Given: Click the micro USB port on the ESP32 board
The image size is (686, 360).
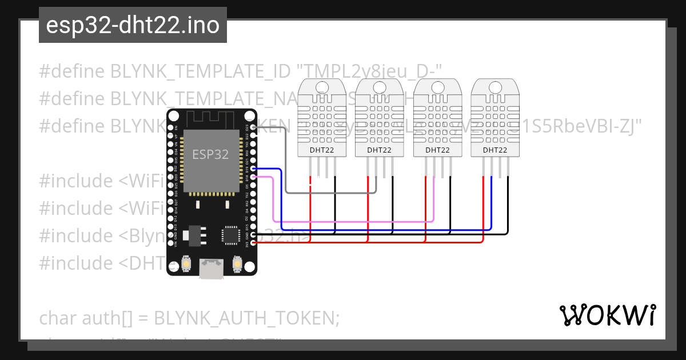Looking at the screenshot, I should tap(211, 269).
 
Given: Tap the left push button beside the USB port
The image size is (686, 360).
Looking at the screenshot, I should tap(186, 263).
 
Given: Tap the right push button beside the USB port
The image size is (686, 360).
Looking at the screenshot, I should tap(236, 263).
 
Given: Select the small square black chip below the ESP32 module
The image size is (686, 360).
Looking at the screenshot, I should tap(231, 235).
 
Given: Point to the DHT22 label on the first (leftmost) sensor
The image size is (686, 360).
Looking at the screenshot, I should tap(322, 150).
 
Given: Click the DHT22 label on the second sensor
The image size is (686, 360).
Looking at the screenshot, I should tap(379, 150).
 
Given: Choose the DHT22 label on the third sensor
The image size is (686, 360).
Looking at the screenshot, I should tap(437, 150).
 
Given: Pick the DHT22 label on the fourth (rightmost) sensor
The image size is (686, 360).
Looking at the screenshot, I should tap(495, 150).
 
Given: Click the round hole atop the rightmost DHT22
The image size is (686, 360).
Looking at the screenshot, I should tap(495, 87).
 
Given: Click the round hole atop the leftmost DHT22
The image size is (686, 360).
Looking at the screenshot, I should tap(322, 87).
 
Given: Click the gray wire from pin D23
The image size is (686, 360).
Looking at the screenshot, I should tap(286, 171).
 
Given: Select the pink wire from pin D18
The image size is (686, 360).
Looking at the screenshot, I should tap(274, 200).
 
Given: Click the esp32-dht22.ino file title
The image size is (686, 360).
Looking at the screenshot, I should tap(133, 26).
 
